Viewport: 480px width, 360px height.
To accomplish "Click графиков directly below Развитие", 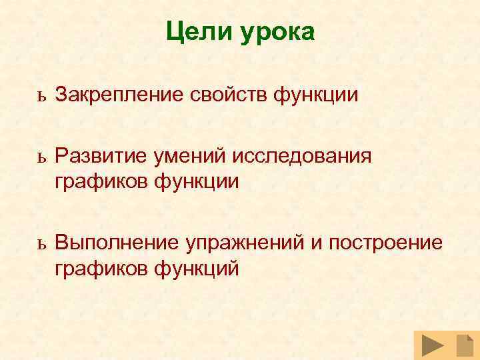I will click(x=101, y=180).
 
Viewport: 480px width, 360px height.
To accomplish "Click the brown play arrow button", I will click(x=433, y=346).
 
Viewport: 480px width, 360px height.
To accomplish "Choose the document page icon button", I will click(x=464, y=346).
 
